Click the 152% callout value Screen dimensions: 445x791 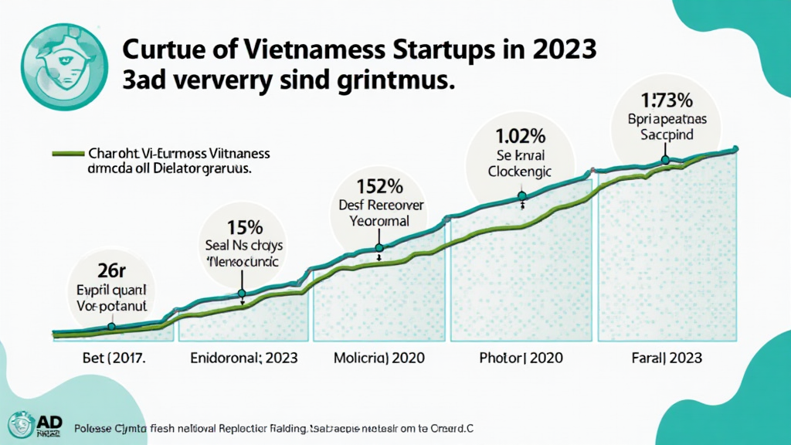(379, 186)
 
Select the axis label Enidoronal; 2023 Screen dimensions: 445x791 (243, 358)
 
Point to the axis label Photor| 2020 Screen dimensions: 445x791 (521, 358)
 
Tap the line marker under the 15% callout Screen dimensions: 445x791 (243, 294)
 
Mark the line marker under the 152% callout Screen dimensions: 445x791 (379, 248)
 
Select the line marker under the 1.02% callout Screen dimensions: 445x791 (522, 196)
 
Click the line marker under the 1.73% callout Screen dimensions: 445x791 (666, 160)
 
